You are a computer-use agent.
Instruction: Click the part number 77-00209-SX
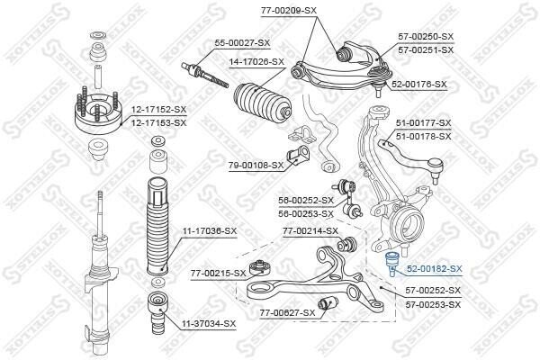point(289,10)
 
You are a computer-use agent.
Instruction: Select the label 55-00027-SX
point(242,43)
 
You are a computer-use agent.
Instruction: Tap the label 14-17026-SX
point(256,62)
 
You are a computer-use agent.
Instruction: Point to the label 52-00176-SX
point(419,85)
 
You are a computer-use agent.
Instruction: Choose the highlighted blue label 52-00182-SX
point(435,269)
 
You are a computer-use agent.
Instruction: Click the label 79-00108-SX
point(256,166)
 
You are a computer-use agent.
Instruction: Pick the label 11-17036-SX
point(210,231)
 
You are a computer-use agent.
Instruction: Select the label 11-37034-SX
point(209,324)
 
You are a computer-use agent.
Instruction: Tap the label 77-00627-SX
point(288,313)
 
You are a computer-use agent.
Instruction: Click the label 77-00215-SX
point(219,274)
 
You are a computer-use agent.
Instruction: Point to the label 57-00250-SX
point(426,37)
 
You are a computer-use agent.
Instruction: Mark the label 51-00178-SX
point(423,137)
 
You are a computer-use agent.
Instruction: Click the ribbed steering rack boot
point(263,103)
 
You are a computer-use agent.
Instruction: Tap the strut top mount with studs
point(98,112)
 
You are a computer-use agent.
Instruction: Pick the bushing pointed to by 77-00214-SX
point(346,244)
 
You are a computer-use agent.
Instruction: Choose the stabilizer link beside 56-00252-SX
point(349,198)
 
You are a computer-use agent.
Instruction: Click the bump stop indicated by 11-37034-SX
point(158,313)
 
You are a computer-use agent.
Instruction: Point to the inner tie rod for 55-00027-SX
point(205,75)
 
